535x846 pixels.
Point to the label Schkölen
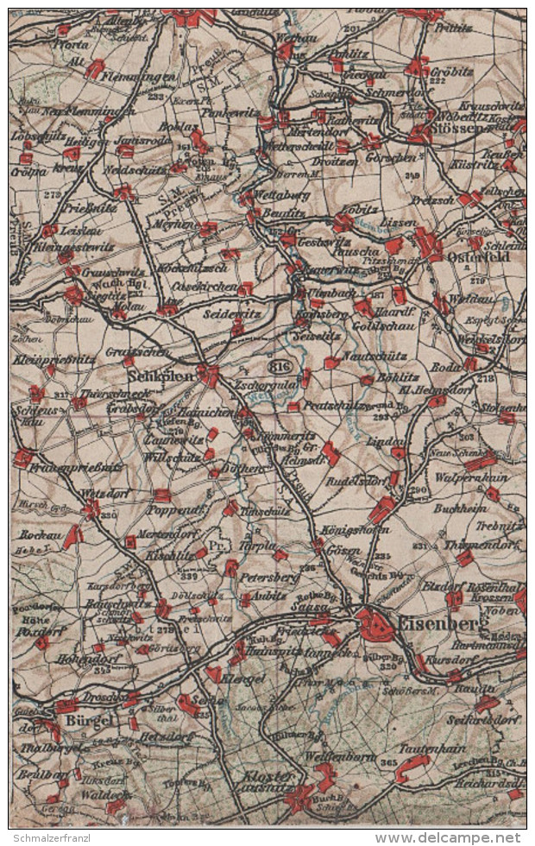coord(159,376)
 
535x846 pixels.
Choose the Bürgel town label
coord(89,721)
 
